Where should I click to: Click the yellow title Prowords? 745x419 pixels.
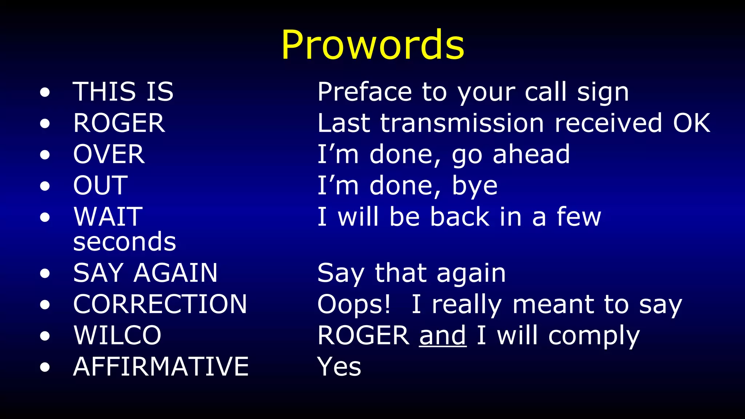[x=372, y=45]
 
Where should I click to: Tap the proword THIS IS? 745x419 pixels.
[x=123, y=92]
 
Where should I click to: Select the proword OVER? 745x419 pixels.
[x=109, y=154]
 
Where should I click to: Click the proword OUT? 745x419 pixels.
[x=100, y=185]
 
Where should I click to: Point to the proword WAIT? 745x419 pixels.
[x=108, y=217]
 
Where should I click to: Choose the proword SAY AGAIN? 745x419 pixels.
[x=145, y=273]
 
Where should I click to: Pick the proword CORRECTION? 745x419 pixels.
[x=160, y=304]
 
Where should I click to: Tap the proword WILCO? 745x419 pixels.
[x=117, y=335]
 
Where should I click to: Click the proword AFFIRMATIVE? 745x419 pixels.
[x=161, y=367]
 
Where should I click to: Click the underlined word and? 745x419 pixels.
[x=443, y=335]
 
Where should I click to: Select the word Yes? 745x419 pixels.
[x=339, y=367]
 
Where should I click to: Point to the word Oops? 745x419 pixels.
[x=354, y=304]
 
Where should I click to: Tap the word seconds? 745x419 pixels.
[x=124, y=242]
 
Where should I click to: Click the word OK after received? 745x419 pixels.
[x=691, y=123]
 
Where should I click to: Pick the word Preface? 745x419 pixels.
[x=364, y=92]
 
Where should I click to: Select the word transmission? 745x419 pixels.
[x=462, y=123]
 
